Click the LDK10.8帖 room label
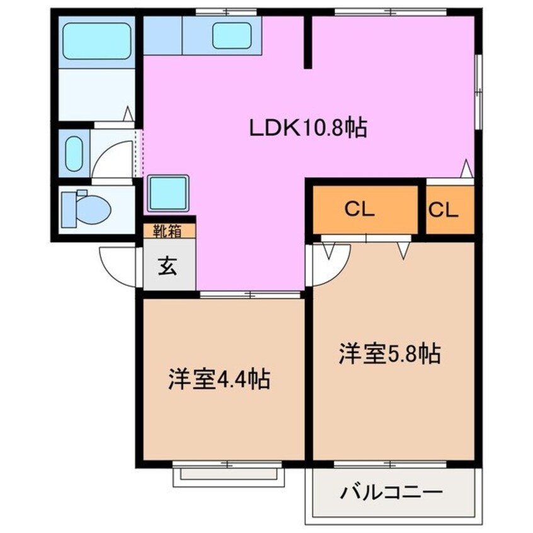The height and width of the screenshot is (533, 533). pyautogui.click(x=308, y=129)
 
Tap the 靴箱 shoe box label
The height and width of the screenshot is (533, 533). pyautogui.click(x=167, y=231)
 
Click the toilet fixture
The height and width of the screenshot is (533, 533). pyautogui.click(x=85, y=207)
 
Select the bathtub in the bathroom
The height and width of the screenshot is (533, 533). pyautogui.click(x=97, y=37)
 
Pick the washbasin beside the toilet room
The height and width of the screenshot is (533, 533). pyautogui.click(x=74, y=152)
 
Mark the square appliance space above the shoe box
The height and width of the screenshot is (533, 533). pyautogui.click(x=168, y=193)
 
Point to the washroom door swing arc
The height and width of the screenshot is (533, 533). pyautogui.click(x=113, y=158)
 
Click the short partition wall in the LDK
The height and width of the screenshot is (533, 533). pyautogui.click(x=308, y=42)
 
